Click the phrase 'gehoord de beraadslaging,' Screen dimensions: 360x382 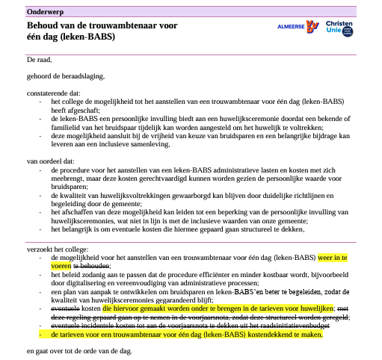(x=65, y=75)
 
